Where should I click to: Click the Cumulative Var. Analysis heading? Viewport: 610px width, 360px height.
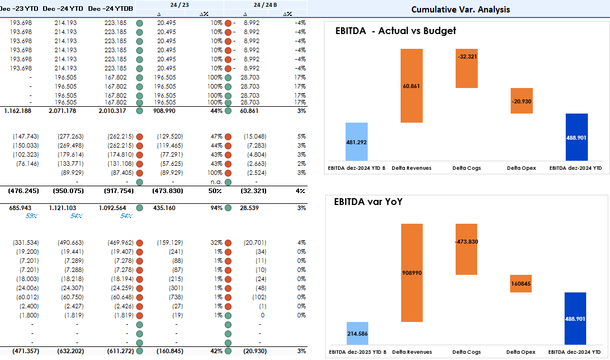click(460, 9)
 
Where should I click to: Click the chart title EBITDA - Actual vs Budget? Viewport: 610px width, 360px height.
click(396, 31)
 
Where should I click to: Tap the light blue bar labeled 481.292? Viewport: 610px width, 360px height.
click(356, 141)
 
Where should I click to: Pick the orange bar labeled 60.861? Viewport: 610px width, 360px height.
click(411, 86)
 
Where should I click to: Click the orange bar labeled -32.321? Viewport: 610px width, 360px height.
click(466, 68)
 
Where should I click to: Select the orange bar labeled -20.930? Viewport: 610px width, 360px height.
click(521, 101)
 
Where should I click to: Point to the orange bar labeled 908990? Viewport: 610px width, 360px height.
click(411, 273)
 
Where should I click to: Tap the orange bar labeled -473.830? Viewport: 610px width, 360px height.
click(466, 249)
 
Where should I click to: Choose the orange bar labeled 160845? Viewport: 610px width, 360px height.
click(521, 283)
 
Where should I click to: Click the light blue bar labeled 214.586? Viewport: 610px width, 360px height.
click(357, 333)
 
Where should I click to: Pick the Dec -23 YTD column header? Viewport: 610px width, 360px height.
click(21, 9)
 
